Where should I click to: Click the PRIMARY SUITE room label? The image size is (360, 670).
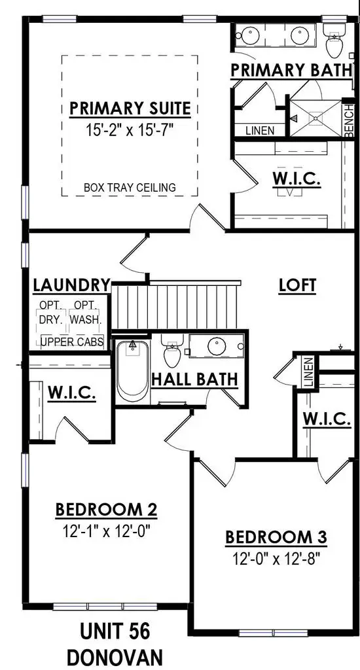[130, 109]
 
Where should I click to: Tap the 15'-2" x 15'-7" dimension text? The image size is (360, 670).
[130, 130]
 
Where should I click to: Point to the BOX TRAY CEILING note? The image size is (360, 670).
[130, 187]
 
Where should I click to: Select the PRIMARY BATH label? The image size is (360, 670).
[291, 70]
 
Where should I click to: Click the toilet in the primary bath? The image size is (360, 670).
[334, 40]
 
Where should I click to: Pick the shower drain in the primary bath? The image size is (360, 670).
[315, 118]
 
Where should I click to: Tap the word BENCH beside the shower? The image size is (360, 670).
[349, 121]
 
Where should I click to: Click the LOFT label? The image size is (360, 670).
[298, 285]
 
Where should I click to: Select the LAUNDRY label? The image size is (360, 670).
[72, 285]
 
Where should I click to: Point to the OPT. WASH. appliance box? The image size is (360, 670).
[86, 313]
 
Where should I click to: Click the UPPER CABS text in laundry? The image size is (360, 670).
[72, 342]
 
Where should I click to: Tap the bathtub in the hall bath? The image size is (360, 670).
[132, 371]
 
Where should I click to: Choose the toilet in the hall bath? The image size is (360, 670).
[172, 351]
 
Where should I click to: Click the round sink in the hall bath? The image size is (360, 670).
[217, 345]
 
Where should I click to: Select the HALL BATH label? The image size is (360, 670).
[194, 379]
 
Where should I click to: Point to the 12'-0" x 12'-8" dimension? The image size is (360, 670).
[276, 559]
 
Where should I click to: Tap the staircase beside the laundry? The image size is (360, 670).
[175, 305]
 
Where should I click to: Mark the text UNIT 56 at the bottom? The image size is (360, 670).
[115, 631]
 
